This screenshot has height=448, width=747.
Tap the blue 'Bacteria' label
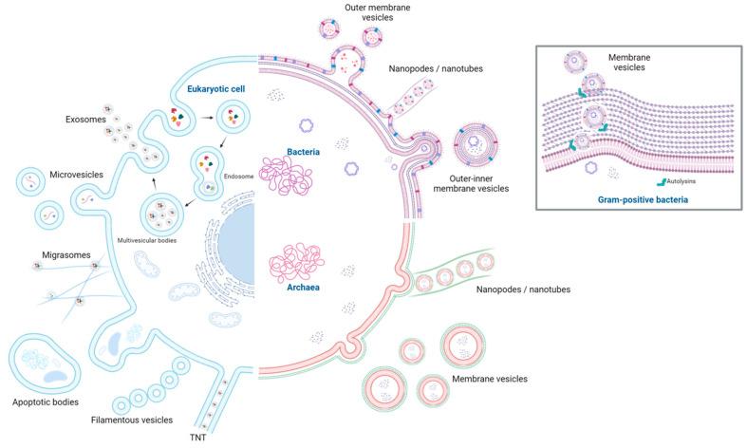303,151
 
